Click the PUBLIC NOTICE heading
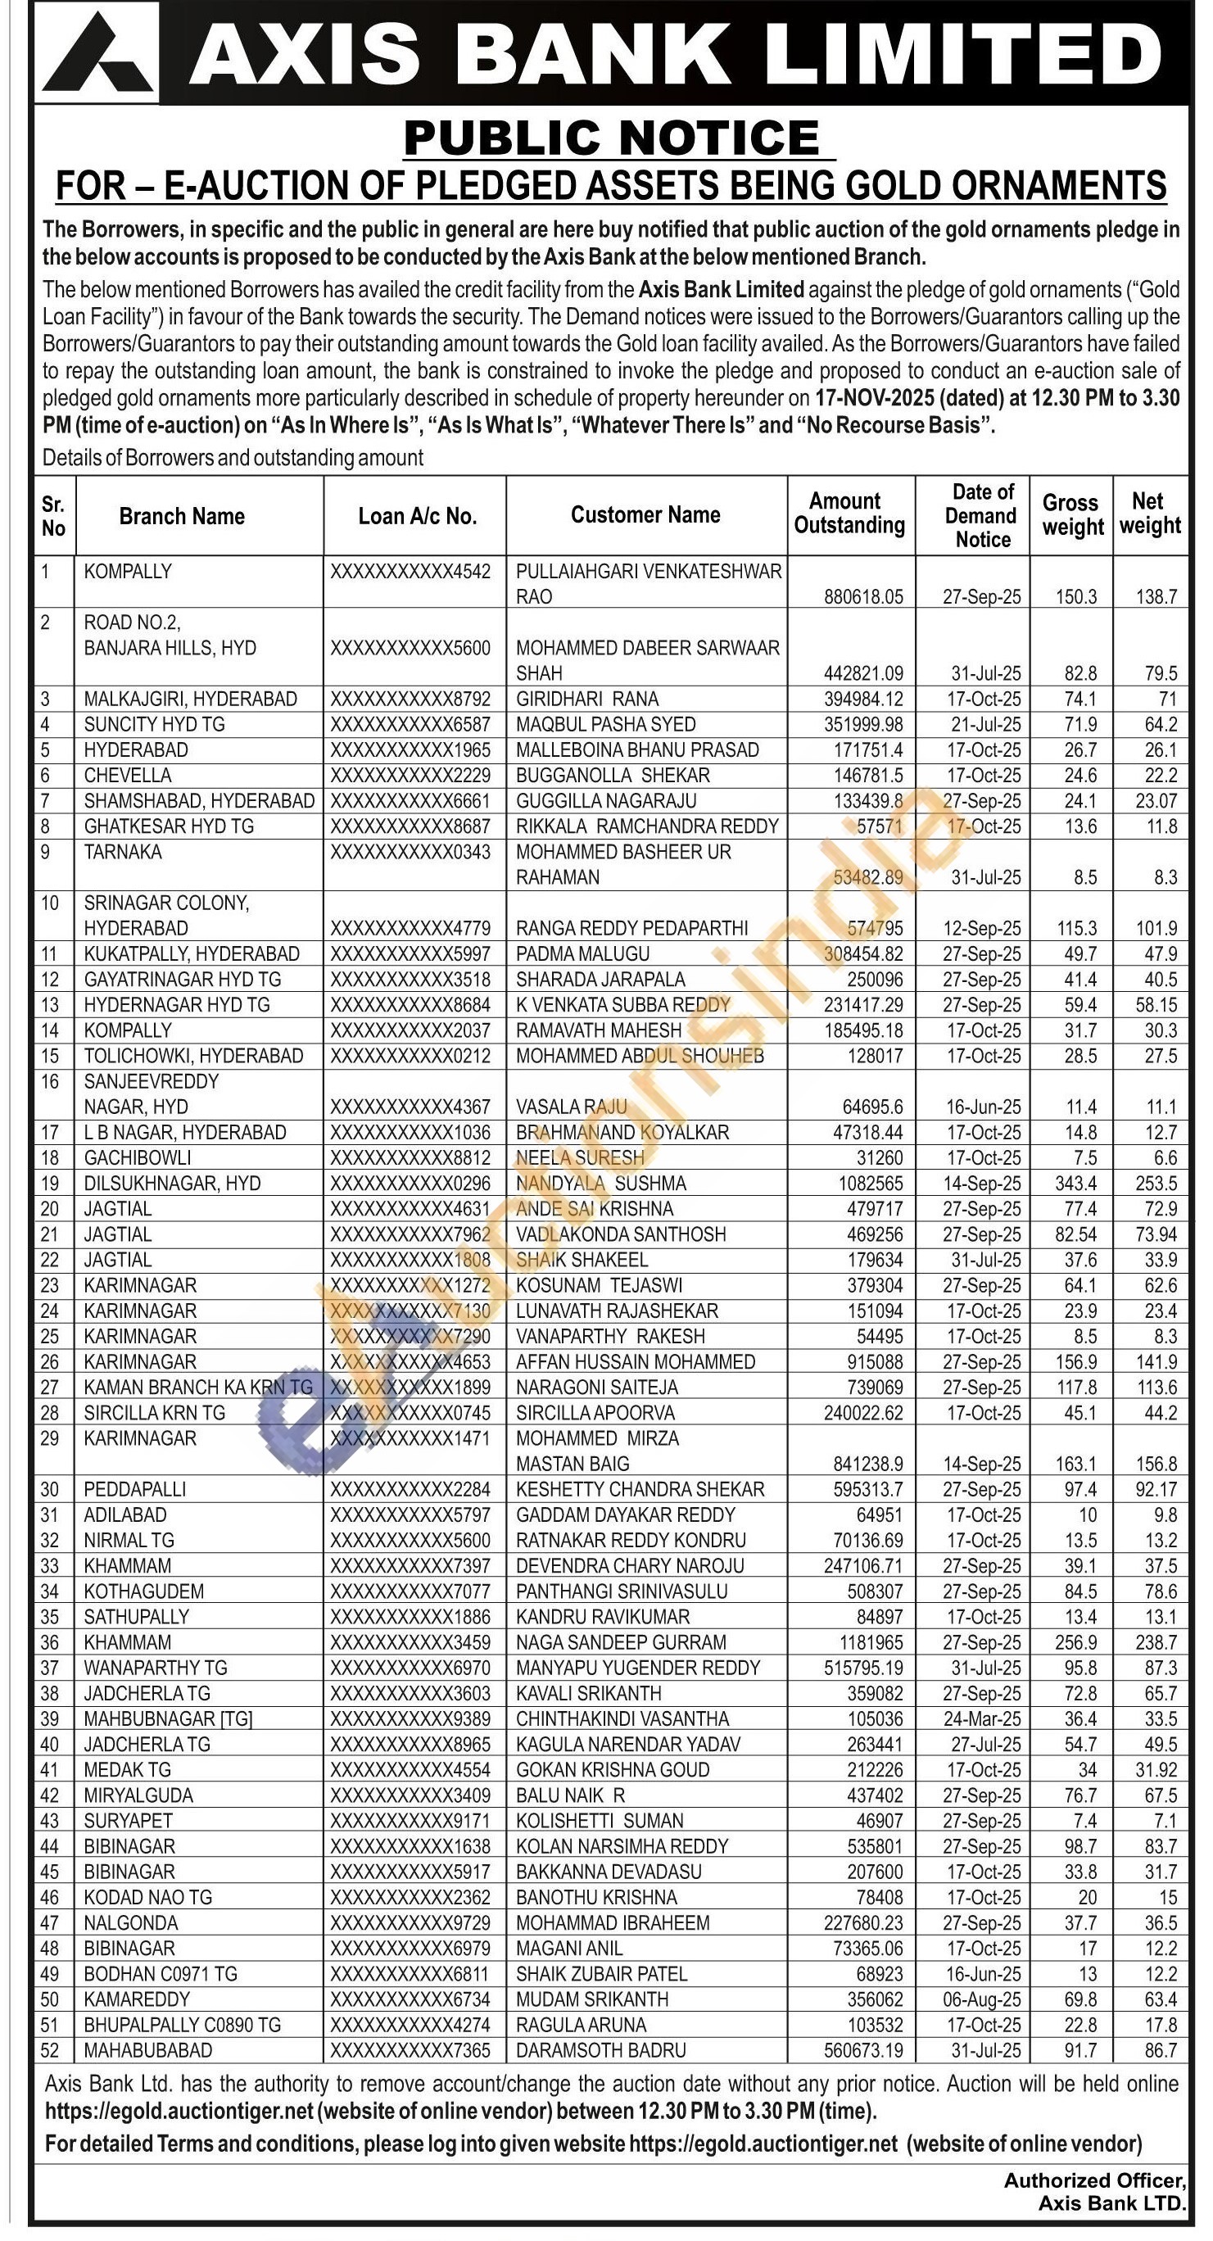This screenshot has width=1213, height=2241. pos(612,138)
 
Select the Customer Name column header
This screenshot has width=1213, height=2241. pos(645,515)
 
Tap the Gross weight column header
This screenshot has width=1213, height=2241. pos(1071,515)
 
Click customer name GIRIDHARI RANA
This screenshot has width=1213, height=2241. pos(587,699)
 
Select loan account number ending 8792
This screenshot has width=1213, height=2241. pos(410,699)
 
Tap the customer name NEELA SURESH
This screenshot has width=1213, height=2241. pos(580,1158)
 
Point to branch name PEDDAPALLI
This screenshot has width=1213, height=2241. pos(135,1489)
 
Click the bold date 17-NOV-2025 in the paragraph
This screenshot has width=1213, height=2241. pos(878,398)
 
